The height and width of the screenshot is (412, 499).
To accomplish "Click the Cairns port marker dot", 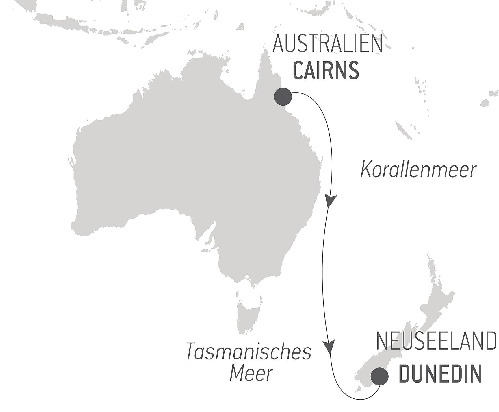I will [x=283, y=97].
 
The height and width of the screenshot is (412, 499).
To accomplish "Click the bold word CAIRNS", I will [x=326, y=70].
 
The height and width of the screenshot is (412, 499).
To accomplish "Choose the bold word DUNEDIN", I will [x=440, y=374].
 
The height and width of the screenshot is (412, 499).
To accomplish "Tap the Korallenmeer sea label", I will [x=418, y=170].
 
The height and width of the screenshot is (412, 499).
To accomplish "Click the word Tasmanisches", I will [x=249, y=351].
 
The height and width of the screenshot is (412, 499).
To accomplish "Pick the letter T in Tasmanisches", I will [x=192, y=351].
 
